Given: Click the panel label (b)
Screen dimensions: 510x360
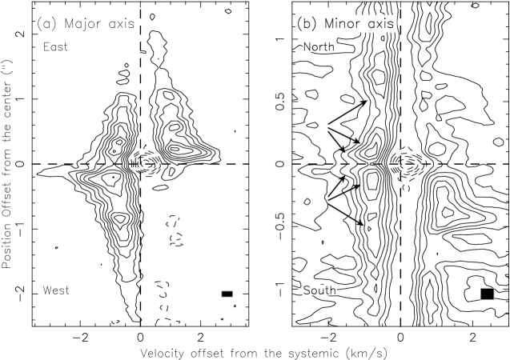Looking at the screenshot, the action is [x=307, y=24].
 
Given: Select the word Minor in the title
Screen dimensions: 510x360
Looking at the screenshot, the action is [x=342, y=24].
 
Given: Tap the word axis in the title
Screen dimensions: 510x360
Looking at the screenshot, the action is [x=380, y=25].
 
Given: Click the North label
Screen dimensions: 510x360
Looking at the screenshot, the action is [x=319, y=47].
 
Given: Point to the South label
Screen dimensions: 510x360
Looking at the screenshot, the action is [x=319, y=290].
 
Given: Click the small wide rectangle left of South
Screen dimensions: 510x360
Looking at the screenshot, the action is [x=227, y=294].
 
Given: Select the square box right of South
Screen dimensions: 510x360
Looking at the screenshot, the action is [x=487, y=294].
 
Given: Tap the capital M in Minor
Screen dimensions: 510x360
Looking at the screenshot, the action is [x=329, y=24].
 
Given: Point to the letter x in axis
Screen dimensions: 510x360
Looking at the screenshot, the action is [x=380, y=25].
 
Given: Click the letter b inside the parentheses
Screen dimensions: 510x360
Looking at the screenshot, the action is [x=307, y=24].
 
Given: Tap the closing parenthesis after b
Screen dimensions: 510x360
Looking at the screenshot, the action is [x=313, y=24].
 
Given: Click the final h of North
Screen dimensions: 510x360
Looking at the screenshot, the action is [x=331, y=47].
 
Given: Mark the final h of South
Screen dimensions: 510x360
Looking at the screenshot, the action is [x=332, y=290].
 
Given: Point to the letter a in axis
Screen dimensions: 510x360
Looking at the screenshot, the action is [x=371, y=25].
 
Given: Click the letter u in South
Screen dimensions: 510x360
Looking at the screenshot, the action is [x=321, y=291].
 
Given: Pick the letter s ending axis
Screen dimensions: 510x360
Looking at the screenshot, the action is [x=391, y=25].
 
